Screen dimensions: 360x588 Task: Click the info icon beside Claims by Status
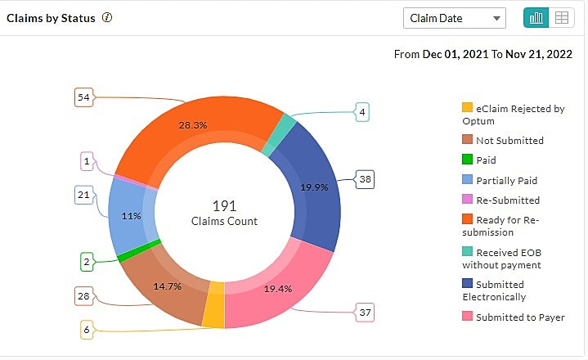pos(106,18)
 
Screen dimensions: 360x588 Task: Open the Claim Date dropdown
pos(455,18)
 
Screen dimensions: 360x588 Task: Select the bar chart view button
pos(536,18)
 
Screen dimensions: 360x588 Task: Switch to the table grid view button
pos(561,18)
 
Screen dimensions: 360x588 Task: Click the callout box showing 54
pos(83,97)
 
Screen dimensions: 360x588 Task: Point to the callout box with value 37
pos(365,312)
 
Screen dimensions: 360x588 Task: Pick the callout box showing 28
pos(83,295)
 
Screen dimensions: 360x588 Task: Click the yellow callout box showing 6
pos(87,330)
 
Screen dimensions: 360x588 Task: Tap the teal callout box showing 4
pos(361,112)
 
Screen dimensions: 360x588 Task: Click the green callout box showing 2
pos(87,262)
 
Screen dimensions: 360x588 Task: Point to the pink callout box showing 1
pos(87,161)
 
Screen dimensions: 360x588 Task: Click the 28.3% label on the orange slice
pos(192,125)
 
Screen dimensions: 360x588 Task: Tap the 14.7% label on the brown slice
pos(166,286)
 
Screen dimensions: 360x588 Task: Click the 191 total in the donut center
pos(224,206)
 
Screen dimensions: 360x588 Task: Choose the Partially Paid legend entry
pos(506,180)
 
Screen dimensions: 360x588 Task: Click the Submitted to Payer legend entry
pos(519,317)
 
